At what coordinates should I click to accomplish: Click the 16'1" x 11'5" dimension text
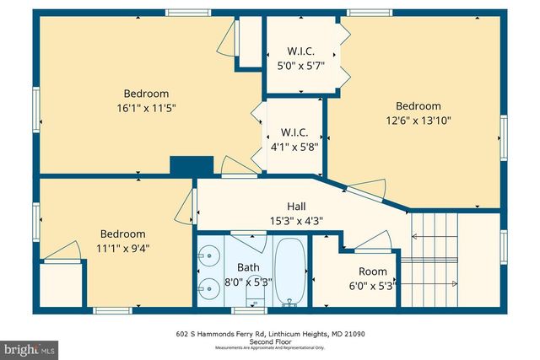coord(146,108)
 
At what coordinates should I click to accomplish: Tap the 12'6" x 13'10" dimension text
coord(418,120)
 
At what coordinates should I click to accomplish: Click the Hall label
coord(295,207)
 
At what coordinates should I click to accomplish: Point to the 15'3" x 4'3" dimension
coord(295,221)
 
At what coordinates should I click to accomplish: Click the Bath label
coord(248,267)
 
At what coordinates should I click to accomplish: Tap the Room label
coord(372,271)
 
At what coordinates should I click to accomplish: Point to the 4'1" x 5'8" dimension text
coord(295,146)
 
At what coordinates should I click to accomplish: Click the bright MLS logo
coord(30,347)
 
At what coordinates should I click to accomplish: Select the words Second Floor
coord(270,341)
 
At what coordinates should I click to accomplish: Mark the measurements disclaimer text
coord(270,348)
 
